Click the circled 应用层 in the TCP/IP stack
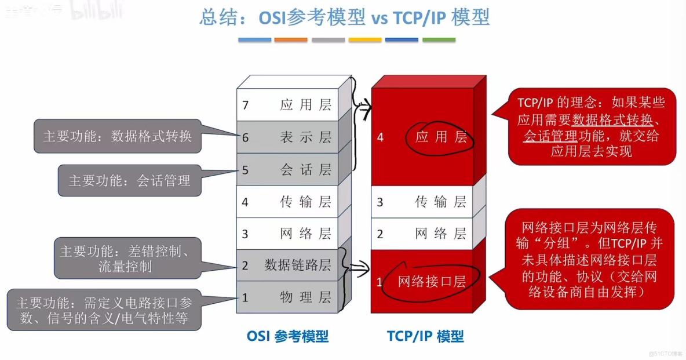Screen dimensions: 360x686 (x=441, y=137)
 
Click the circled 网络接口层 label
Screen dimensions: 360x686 (x=432, y=282)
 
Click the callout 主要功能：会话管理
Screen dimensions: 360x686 (x=129, y=180)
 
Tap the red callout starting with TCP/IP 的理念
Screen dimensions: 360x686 (x=591, y=127)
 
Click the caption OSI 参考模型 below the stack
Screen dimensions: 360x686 (x=287, y=336)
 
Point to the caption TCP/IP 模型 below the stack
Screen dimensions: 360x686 (x=425, y=336)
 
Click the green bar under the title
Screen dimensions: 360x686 (x=439, y=40)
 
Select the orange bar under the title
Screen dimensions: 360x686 (x=291, y=40)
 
